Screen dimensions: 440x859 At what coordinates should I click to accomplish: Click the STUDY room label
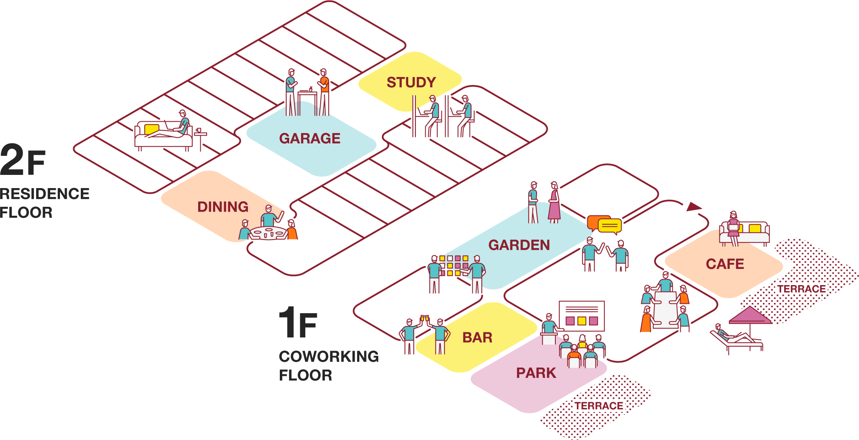tap(411, 82)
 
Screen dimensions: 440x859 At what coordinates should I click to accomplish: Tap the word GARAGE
tap(310, 138)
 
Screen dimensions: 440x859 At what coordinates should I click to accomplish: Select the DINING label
tap(223, 207)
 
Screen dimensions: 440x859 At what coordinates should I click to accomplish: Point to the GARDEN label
tap(519, 245)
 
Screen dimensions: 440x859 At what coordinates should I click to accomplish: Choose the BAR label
tap(477, 337)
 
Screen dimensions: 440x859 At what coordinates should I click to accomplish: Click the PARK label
tap(536, 373)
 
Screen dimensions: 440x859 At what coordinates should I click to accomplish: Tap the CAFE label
tap(725, 264)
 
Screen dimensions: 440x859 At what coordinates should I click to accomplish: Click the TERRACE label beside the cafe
tap(802, 289)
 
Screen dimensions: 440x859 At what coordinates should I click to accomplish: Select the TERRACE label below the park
tap(599, 406)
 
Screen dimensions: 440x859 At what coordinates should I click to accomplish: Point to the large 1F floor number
tap(298, 323)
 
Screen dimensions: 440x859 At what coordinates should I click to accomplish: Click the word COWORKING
tap(329, 357)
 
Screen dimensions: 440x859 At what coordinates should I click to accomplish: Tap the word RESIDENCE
tap(45, 194)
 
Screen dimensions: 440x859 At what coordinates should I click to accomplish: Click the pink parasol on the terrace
tap(750, 316)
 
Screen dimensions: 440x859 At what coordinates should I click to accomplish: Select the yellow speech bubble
tap(610, 226)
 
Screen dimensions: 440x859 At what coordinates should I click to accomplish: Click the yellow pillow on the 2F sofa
tap(151, 129)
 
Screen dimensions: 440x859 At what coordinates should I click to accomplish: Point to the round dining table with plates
tap(268, 233)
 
